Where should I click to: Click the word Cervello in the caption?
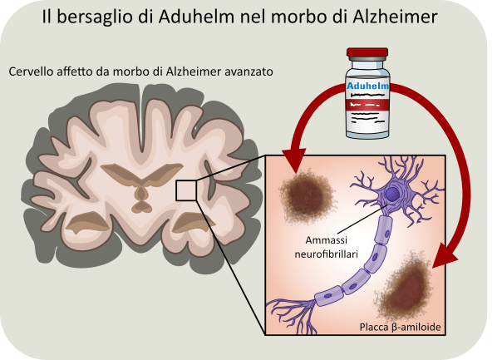(x=33, y=72)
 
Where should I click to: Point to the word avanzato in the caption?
(x=247, y=72)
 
